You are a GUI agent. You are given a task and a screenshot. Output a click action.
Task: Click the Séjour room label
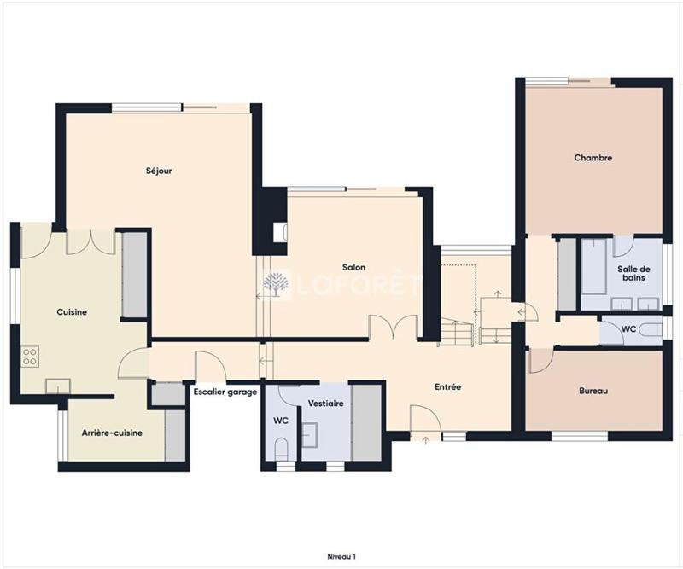tap(159, 171)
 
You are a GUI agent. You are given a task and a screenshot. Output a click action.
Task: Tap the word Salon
tap(353, 267)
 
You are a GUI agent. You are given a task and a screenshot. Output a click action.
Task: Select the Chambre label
tap(593, 158)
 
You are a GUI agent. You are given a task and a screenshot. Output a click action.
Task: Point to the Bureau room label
tap(593, 391)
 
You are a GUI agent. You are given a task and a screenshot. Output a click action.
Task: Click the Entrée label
tap(447, 386)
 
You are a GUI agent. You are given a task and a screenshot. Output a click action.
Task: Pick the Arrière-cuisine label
tap(112, 433)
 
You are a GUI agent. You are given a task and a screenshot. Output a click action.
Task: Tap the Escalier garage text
tap(225, 392)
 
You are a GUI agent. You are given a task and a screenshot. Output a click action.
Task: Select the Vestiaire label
tap(325, 403)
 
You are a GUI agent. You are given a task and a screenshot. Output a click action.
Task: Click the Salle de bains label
tap(633, 273)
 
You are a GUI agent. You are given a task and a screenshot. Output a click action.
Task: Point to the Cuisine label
tap(72, 312)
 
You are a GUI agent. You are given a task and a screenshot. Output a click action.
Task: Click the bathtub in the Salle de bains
tap(594, 256)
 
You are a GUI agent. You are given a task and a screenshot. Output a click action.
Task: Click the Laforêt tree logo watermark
tap(275, 284)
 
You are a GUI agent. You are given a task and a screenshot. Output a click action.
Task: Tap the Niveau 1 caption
tap(341, 555)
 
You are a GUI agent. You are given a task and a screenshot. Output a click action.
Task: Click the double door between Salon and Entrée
tap(393, 328)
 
